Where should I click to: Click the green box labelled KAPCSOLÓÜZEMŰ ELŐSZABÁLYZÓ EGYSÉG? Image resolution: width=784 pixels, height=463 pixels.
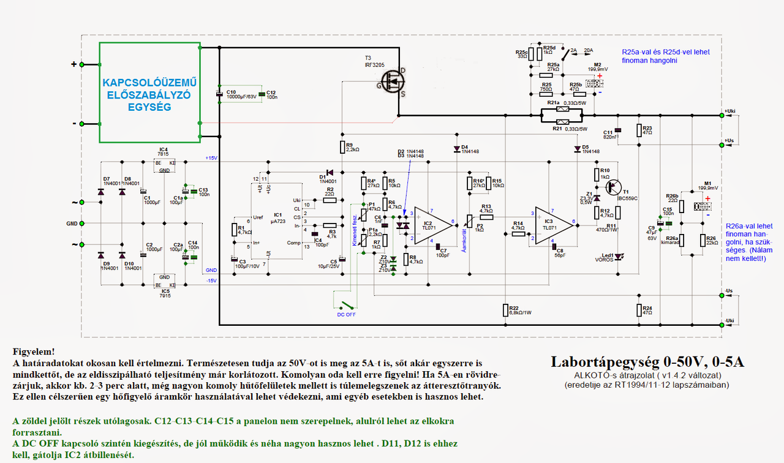pyautogui.click(x=150, y=92)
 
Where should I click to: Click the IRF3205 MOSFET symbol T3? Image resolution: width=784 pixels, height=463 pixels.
pyautogui.click(x=390, y=80)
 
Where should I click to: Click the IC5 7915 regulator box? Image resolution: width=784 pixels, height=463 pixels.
pyautogui.click(x=164, y=281)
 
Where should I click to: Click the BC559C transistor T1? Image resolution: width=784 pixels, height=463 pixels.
pyautogui.click(x=612, y=186)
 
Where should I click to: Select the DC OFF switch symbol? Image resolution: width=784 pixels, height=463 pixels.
pyautogui.click(x=346, y=304)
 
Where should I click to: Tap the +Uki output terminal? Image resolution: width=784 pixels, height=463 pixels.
pyautogui.click(x=722, y=115)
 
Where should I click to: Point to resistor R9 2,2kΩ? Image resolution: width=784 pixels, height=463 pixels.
pyautogui.click(x=342, y=146)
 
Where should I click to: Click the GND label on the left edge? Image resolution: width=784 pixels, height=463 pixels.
pyautogui.click(x=72, y=224)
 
